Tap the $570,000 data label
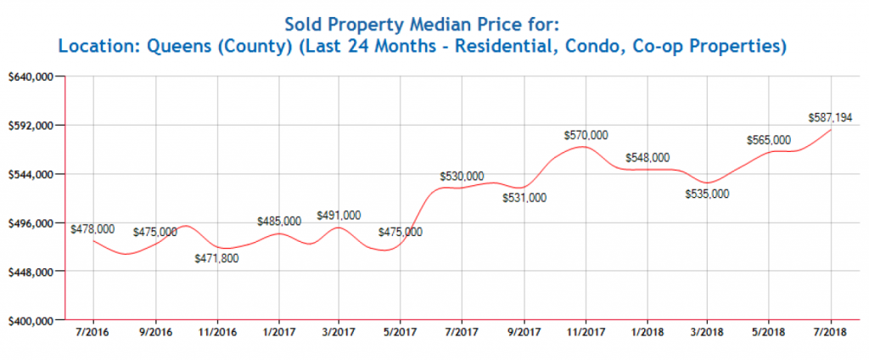(586, 135)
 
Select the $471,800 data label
(216, 258)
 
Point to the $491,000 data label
(339, 216)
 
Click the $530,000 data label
(463, 176)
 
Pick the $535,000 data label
(707, 194)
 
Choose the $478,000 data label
(93, 228)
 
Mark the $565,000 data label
(768, 140)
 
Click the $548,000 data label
(648, 158)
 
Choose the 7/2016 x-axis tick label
(93, 332)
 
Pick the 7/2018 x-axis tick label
(830, 332)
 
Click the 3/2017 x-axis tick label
(339, 332)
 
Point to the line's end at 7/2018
(830, 129)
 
